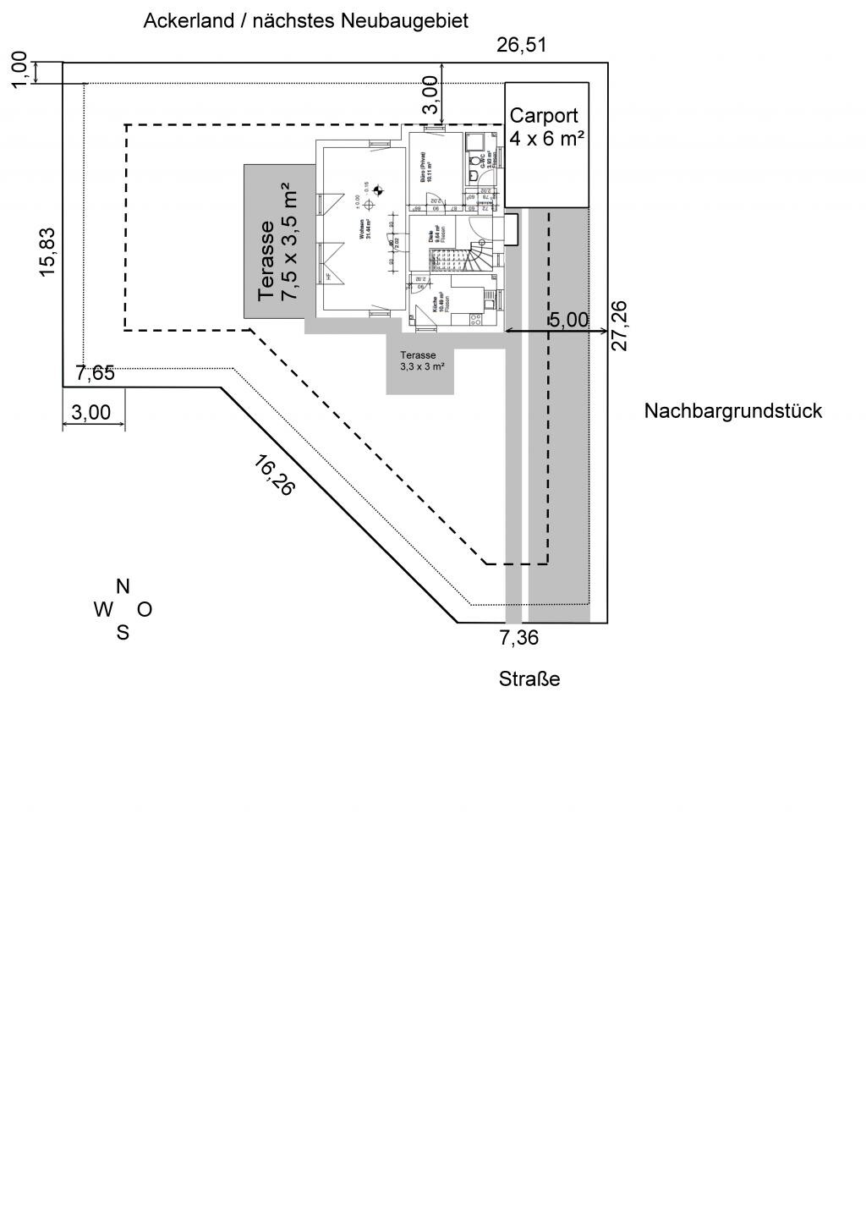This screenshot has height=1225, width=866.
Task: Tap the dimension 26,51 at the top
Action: (521, 45)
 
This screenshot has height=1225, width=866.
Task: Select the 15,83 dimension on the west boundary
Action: (47, 251)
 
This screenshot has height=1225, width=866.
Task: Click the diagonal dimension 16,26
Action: (274, 475)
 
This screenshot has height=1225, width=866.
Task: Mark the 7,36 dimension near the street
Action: (519, 638)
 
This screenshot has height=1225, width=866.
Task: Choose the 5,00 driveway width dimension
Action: (568, 320)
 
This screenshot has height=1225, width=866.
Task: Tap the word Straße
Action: (529, 679)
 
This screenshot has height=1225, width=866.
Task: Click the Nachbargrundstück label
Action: (732, 411)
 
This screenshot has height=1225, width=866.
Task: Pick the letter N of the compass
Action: (123, 586)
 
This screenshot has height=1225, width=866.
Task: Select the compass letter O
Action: (145, 609)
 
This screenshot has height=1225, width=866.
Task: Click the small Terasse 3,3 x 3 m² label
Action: (420, 361)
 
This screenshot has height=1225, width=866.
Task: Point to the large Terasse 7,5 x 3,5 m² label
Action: (278, 242)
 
